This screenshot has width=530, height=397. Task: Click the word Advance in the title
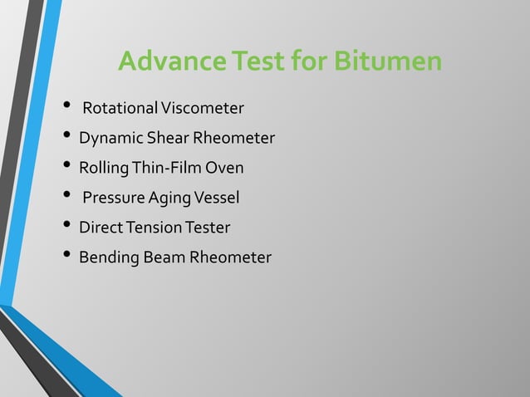tap(160, 62)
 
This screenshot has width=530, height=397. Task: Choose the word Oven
tap(224, 168)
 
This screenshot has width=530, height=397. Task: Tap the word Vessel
tap(216, 198)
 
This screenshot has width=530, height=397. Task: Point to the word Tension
tap(151, 228)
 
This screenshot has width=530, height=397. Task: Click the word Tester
tap(207, 228)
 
